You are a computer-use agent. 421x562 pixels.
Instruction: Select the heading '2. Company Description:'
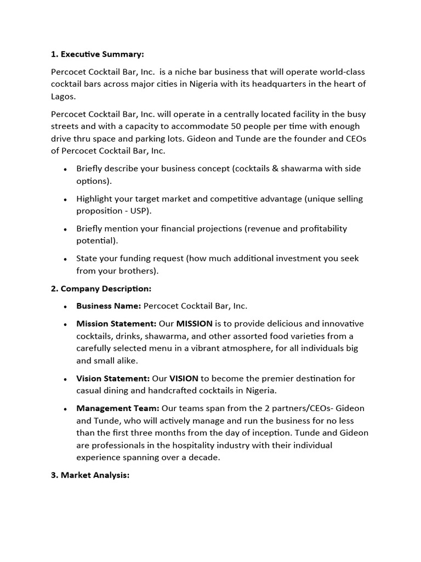101,288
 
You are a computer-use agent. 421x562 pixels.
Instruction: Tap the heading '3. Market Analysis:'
90,475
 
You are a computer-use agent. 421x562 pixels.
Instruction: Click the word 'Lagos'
63,96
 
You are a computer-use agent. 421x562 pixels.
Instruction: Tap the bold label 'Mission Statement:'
116,324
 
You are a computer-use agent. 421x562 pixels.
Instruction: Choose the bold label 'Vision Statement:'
112,378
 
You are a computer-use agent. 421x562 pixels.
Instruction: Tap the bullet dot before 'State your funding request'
66,258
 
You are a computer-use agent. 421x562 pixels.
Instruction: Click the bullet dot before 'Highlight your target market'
66,199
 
